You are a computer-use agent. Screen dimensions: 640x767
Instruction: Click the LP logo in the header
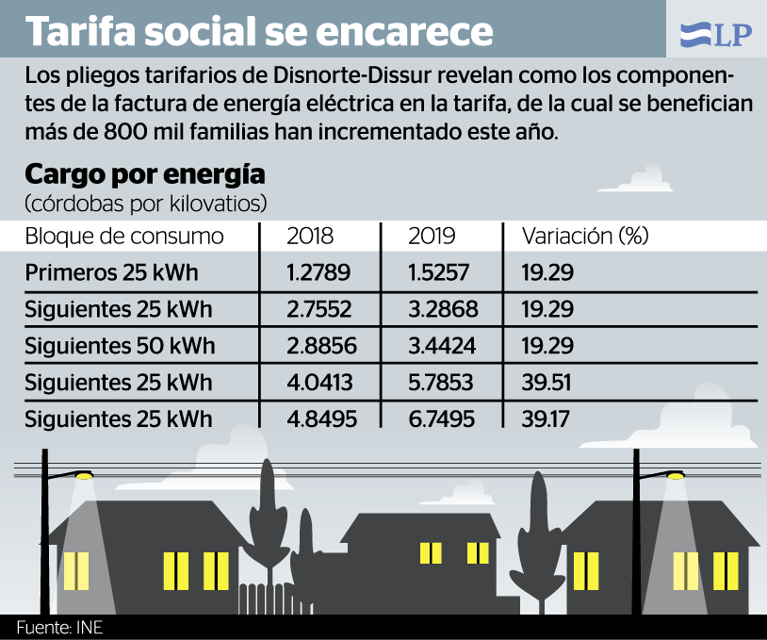click(x=715, y=35)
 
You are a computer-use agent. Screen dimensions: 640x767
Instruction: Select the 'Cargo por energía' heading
click(x=144, y=175)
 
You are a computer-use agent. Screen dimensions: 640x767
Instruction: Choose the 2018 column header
click(x=310, y=236)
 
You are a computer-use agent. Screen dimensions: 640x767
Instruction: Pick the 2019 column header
click(x=432, y=236)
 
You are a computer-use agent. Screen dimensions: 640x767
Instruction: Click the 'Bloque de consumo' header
click(x=124, y=236)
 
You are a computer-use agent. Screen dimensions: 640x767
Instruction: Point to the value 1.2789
click(x=318, y=273)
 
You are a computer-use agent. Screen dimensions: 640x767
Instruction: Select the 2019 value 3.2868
click(x=443, y=309)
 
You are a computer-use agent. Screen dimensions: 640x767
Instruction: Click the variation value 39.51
click(x=547, y=383)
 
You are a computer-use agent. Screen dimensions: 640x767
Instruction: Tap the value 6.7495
click(x=443, y=418)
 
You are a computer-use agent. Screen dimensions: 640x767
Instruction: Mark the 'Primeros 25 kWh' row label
click(x=112, y=273)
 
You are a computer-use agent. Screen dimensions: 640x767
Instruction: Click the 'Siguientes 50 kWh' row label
click(x=120, y=346)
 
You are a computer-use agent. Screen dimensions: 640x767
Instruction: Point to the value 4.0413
click(x=320, y=383)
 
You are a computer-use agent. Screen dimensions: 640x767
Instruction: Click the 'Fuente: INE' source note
click(x=58, y=628)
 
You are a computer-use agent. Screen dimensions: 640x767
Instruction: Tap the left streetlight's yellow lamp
click(x=84, y=476)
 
